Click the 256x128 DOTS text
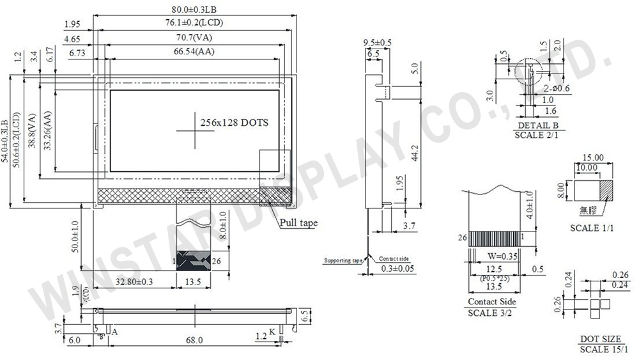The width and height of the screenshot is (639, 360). click(234, 122)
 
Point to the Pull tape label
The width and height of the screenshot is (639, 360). click(298, 223)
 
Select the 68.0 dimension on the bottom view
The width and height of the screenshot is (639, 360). click(194, 340)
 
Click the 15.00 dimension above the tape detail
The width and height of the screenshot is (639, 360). click(594, 157)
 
